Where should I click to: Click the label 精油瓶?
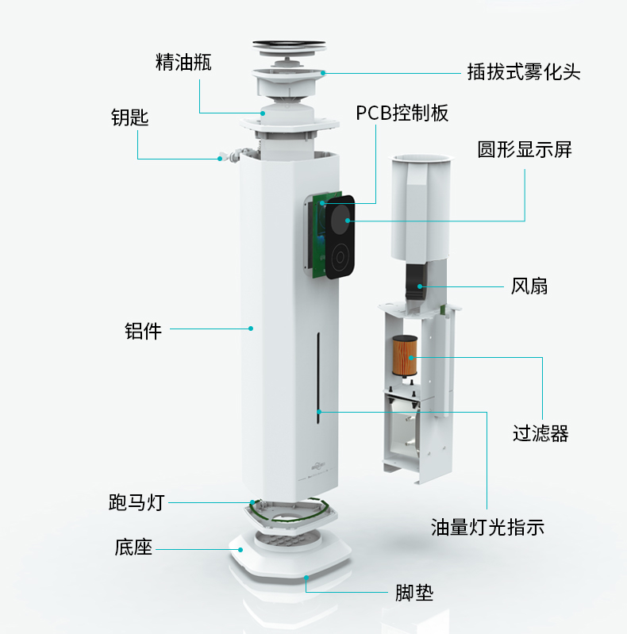(183, 62)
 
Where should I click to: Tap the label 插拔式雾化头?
(524, 72)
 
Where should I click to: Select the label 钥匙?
(130, 117)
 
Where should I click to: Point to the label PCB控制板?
(402, 113)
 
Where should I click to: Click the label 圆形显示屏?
(525, 150)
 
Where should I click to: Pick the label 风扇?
(529, 286)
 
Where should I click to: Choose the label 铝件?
(143, 331)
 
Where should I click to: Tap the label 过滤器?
(540, 433)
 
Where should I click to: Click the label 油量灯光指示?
(487, 527)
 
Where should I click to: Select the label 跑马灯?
(137, 502)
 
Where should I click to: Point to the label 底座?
(133, 548)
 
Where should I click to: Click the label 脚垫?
(414, 594)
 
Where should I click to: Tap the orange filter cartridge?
(405, 355)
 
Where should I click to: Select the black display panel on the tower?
(340, 237)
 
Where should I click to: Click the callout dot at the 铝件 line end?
(251, 329)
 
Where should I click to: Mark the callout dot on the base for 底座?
(240, 550)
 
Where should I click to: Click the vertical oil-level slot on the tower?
(319, 378)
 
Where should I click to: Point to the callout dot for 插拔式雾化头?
(323, 73)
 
